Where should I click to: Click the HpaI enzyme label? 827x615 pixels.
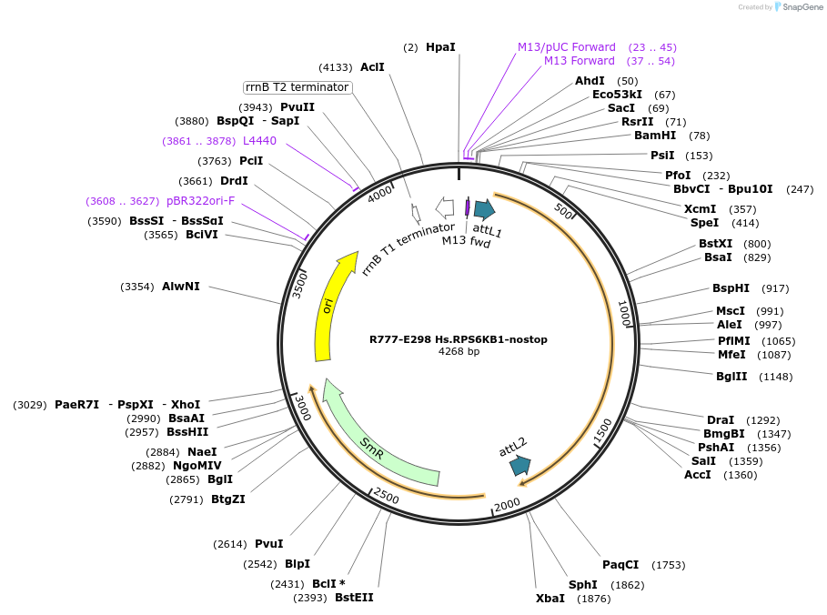[440, 46]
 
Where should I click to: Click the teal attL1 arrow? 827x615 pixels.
[483, 209]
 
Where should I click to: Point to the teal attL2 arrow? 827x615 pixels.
[520, 465]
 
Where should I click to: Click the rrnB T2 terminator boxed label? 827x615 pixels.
[298, 87]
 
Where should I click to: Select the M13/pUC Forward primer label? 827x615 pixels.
[566, 46]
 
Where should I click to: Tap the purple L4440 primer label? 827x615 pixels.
[259, 141]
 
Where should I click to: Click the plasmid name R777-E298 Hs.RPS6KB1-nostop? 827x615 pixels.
[459, 339]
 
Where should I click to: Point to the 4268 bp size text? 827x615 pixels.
[459, 351]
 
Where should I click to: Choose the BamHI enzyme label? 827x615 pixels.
[655, 136]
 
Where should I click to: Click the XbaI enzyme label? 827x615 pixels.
[550, 599]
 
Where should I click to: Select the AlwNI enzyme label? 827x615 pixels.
[181, 287]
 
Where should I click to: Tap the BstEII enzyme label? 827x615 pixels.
[354, 598]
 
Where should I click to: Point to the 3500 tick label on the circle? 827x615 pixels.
[300, 285]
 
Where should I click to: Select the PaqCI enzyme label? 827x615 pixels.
[620, 565]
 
